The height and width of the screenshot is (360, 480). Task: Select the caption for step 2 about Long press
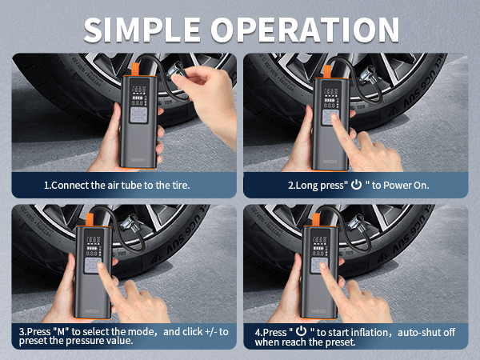click(358, 185)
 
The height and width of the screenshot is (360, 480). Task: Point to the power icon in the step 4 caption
click(301, 330)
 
